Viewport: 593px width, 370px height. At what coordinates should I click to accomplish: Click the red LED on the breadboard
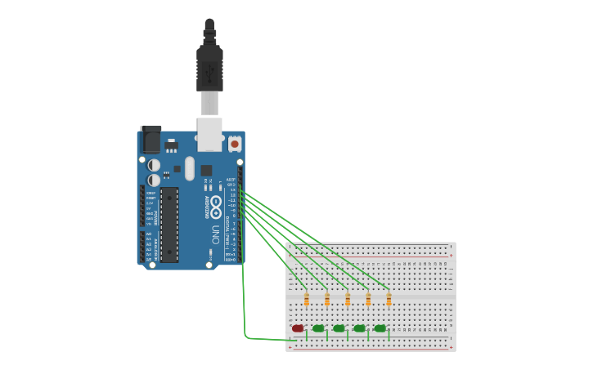[x=298, y=328]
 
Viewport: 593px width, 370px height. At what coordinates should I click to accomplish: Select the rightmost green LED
[x=380, y=328]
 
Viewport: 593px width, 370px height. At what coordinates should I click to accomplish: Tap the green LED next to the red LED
[x=318, y=328]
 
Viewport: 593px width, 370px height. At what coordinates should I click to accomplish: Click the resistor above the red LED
[x=307, y=300]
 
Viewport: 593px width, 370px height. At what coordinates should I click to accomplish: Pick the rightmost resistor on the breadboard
[x=389, y=300]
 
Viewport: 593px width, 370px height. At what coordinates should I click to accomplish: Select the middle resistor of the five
[x=348, y=300]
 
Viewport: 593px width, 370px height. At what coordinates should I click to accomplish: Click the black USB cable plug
[x=209, y=69]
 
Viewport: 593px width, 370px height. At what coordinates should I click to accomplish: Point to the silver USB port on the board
[x=209, y=133]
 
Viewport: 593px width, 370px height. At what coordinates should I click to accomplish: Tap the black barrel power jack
[x=150, y=139]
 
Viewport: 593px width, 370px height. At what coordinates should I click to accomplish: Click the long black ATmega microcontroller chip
[x=168, y=224]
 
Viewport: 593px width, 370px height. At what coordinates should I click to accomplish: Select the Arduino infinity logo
[x=216, y=207]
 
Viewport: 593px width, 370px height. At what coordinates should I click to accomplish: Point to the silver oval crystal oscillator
[x=190, y=168]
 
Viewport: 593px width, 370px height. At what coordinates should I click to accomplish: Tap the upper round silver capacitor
[x=154, y=165]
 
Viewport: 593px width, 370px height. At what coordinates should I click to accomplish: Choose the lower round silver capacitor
[x=154, y=180]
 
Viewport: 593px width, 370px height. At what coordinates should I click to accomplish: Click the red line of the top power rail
[x=370, y=256]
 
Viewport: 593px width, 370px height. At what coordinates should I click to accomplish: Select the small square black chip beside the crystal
[x=206, y=171]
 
